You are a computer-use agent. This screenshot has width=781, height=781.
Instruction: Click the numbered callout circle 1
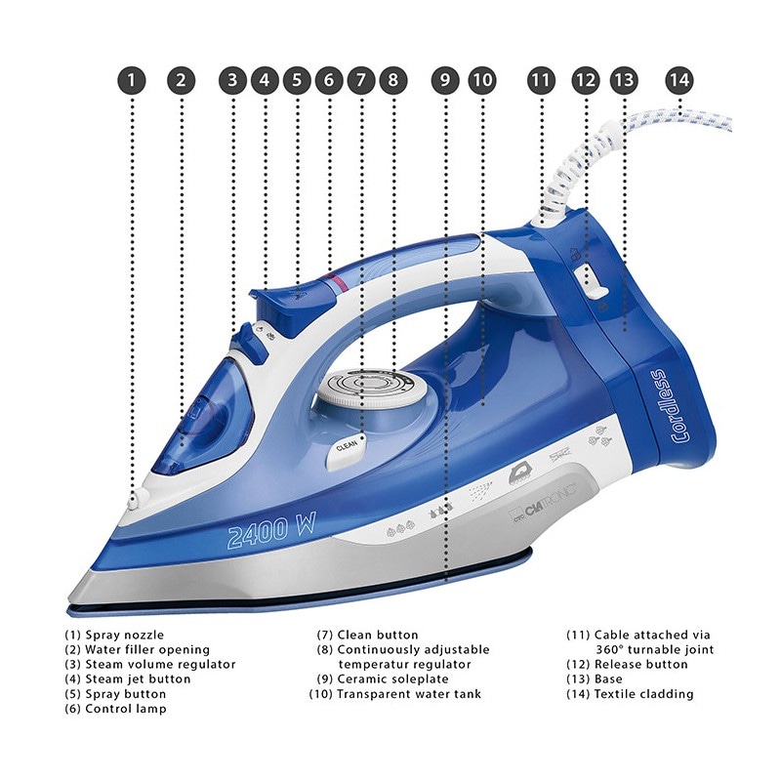133,80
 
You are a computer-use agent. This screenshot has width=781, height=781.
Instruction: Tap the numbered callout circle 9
446,80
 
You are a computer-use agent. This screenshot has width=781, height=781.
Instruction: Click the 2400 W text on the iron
272,533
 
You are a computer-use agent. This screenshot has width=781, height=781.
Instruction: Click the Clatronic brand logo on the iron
549,488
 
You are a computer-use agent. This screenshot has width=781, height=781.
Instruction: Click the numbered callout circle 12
585,80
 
